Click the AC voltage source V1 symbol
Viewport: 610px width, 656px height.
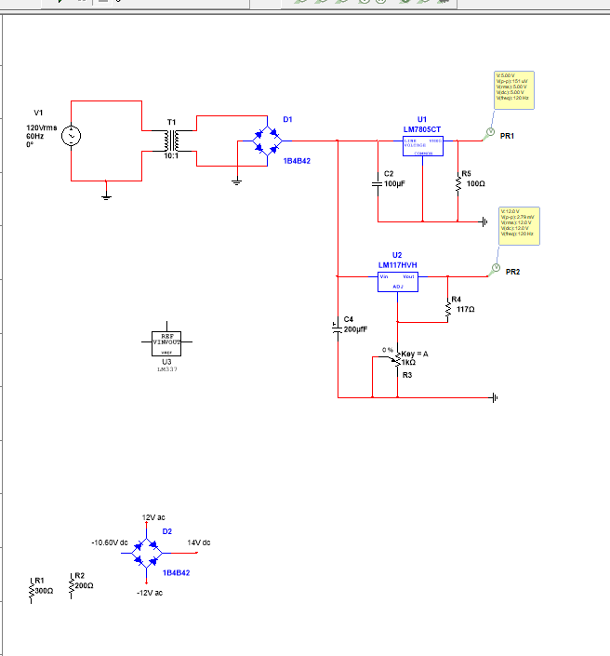pos(71,137)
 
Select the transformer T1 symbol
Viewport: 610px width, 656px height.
pos(170,141)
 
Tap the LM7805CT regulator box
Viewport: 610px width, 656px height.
pos(422,146)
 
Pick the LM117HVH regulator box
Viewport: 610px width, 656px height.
pos(398,282)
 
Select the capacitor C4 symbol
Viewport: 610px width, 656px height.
pos(338,328)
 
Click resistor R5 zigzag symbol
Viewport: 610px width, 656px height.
pos(457,182)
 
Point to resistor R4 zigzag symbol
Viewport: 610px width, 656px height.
pos(447,310)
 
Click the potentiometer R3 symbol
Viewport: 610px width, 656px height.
pos(397,359)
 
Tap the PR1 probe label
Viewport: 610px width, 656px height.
pos(507,136)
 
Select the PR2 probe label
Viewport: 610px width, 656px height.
pos(512,272)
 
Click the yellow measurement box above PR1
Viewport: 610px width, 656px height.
pos(513,89)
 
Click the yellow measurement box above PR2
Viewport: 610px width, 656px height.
pos(521,225)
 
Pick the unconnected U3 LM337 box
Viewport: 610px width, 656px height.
pos(166,344)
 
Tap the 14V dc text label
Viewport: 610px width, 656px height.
pos(199,542)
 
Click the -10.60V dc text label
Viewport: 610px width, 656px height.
pos(109,542)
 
